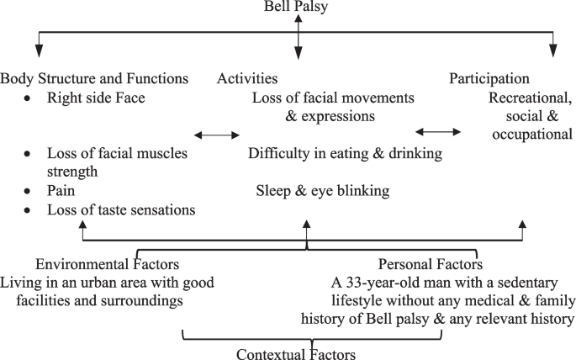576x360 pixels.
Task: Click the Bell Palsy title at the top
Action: tap(298, 7)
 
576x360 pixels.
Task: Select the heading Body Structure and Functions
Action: tap(94, 79)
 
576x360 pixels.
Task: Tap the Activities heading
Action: tap(247, 79)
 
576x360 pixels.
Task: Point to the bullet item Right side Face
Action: tap(96, 98)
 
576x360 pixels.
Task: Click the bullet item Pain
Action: tap(61, 191)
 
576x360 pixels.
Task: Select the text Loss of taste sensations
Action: tap(121, 209)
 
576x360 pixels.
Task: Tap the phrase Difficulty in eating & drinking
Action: tap(345, 154)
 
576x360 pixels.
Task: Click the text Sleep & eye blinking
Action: tap(323, 191)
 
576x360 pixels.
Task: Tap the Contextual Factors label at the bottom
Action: tap(296, 353)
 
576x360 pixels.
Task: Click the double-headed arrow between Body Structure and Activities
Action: tap(217, 135)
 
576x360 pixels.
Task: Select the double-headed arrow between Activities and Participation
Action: tap(438, 131)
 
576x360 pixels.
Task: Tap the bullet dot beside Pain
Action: tap(29, 192)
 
